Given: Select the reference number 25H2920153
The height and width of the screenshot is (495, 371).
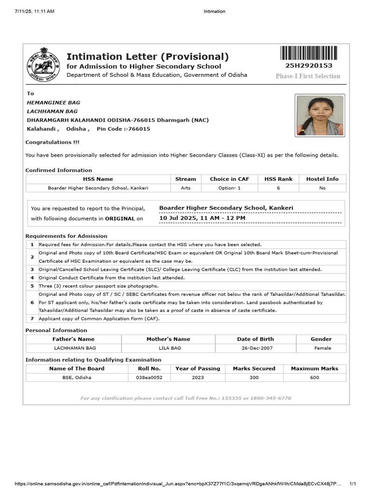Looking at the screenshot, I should (309, 66).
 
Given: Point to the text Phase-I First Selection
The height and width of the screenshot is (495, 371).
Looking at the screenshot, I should (308, 76).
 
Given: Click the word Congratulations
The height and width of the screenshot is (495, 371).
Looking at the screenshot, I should (48, 143).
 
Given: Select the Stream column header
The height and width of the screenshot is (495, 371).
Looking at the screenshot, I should (185, 179).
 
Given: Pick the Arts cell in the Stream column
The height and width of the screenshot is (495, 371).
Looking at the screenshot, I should (185, 188).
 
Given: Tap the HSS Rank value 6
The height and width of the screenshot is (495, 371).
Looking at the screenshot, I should (278, 188).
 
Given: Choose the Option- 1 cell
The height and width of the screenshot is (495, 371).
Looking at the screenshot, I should (229, 188).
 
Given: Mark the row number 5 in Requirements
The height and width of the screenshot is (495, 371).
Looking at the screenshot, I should (32, 286).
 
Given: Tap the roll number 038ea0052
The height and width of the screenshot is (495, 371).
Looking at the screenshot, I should (149, 378).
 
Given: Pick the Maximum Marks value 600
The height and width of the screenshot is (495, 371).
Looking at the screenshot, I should (314, 378).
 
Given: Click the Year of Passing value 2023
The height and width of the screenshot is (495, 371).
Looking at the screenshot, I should (198, 378).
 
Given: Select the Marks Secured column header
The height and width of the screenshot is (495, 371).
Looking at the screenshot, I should (254, 368).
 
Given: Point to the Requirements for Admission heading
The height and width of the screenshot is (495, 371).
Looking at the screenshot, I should (66, 236).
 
